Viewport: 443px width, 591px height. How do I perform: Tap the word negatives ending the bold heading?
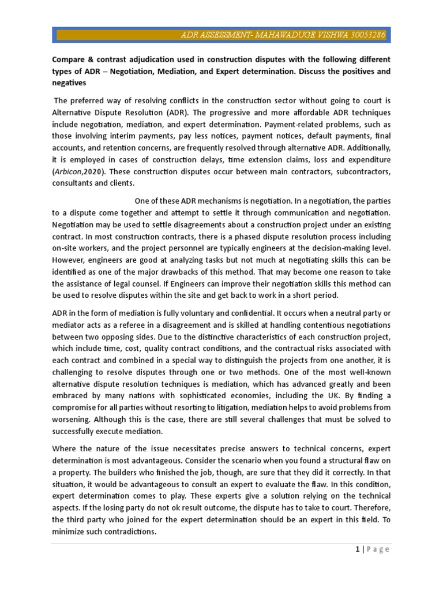click(x=73, y=83)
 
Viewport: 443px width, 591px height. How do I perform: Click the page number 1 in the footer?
click(x=358, y=549)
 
